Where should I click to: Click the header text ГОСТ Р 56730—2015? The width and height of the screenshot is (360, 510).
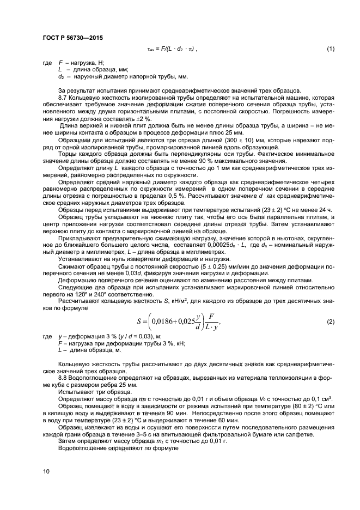pos(72,38)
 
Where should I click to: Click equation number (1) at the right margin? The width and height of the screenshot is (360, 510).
pos(330,50)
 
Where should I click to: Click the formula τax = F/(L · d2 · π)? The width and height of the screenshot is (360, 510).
pos(172,50)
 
